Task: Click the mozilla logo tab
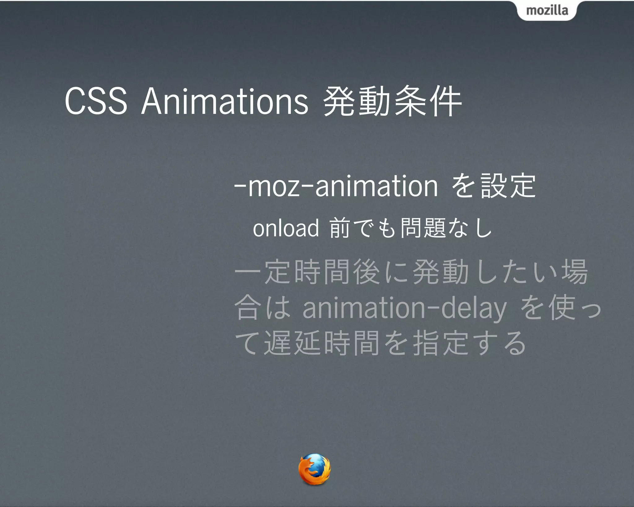pyautogui.click(x=547, y=11)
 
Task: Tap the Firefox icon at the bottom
pyautogui.click(x=314, y=469)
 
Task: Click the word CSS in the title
pyautogui.click(x=96, y=102)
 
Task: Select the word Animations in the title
pyautogui.click(x=225, y=102)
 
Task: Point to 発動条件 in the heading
pyautogui.click(x=392, y=102)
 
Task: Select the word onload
pyautogui.click(x=286, y=228)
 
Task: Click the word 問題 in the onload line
pyautogui.click(x=423, y=228)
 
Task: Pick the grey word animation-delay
pyautogui.click(x=404, y=308)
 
